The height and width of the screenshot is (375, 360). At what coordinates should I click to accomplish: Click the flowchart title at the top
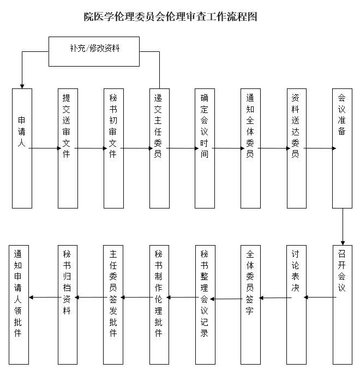coord(170,16)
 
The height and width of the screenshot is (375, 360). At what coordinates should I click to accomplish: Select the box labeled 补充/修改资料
coord(94,51)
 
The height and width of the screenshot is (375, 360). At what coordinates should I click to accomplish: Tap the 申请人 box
coord(22,148)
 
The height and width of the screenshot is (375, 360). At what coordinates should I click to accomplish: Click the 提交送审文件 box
coord(68,148)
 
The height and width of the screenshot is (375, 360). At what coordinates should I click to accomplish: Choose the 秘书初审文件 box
coord(113,148)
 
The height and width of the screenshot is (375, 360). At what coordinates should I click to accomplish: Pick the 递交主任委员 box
coord(159,148)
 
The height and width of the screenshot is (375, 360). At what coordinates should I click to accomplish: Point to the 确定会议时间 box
coord(205,148)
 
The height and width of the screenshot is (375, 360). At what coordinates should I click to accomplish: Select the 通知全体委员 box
coord(250,148)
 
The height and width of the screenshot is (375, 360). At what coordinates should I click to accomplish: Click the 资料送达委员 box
coord(296,148)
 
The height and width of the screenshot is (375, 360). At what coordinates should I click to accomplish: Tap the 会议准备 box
coord(342,148)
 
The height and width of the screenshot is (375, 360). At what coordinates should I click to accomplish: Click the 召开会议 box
coord(343,305)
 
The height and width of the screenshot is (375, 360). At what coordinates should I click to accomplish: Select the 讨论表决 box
coord(296,305)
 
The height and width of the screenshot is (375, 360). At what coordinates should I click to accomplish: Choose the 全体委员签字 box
coord(250,305)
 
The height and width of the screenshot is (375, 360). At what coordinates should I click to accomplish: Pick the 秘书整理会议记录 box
coord(205,305)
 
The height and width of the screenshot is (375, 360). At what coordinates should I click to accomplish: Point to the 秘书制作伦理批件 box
coord(159,305)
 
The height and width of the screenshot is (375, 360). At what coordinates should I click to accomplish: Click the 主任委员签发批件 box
coord(113,305)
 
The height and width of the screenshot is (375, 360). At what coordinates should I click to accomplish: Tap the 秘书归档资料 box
coord(68,305)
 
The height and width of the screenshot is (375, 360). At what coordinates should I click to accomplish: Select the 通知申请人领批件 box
coord(19,305)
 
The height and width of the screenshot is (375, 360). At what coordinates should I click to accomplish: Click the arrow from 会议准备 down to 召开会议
coord(343,227)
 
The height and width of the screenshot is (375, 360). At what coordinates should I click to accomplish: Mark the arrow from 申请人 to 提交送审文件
coord(45,148)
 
